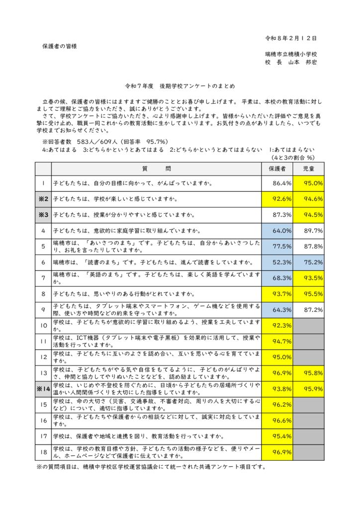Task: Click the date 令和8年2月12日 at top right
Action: click(291, 38)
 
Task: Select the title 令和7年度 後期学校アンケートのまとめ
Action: click(180, 85)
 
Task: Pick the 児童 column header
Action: click(308, 169)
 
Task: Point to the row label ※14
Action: click(43, 389)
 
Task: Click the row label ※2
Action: click(43, 199)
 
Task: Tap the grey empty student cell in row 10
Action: click(309, 326)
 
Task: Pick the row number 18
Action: click(43, 452)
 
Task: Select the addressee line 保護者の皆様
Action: click(59, 46)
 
